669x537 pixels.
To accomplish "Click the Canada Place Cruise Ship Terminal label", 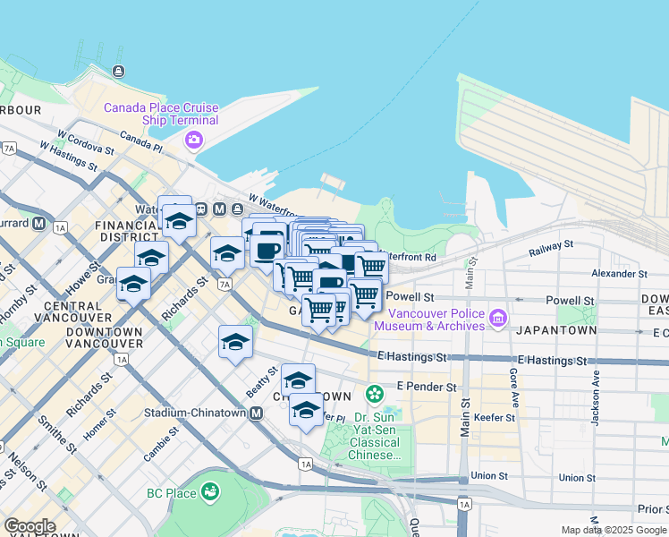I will (x=161, y=114).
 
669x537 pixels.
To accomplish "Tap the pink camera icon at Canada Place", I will (x=193, y=140).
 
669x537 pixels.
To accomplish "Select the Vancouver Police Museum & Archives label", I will (x=429, y=320).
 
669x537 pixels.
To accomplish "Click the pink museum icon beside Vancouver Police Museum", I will (x=498, y=315).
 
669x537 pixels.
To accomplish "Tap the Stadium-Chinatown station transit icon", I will (x=257, y=413).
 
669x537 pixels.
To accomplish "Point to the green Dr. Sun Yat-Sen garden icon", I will (x=374, y=393).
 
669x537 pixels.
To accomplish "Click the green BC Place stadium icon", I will (x=210, y=491).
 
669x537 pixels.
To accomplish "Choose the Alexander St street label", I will (x=618, y=273).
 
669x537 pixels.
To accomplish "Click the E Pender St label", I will (x=427, y=388).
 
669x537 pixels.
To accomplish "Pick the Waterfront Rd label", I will (x=411, y=257).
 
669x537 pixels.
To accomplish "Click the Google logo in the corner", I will (x=29, y=526).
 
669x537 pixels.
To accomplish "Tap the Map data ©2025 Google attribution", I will (x=614, y=530).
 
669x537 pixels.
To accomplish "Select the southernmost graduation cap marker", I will (x=306, y=412).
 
